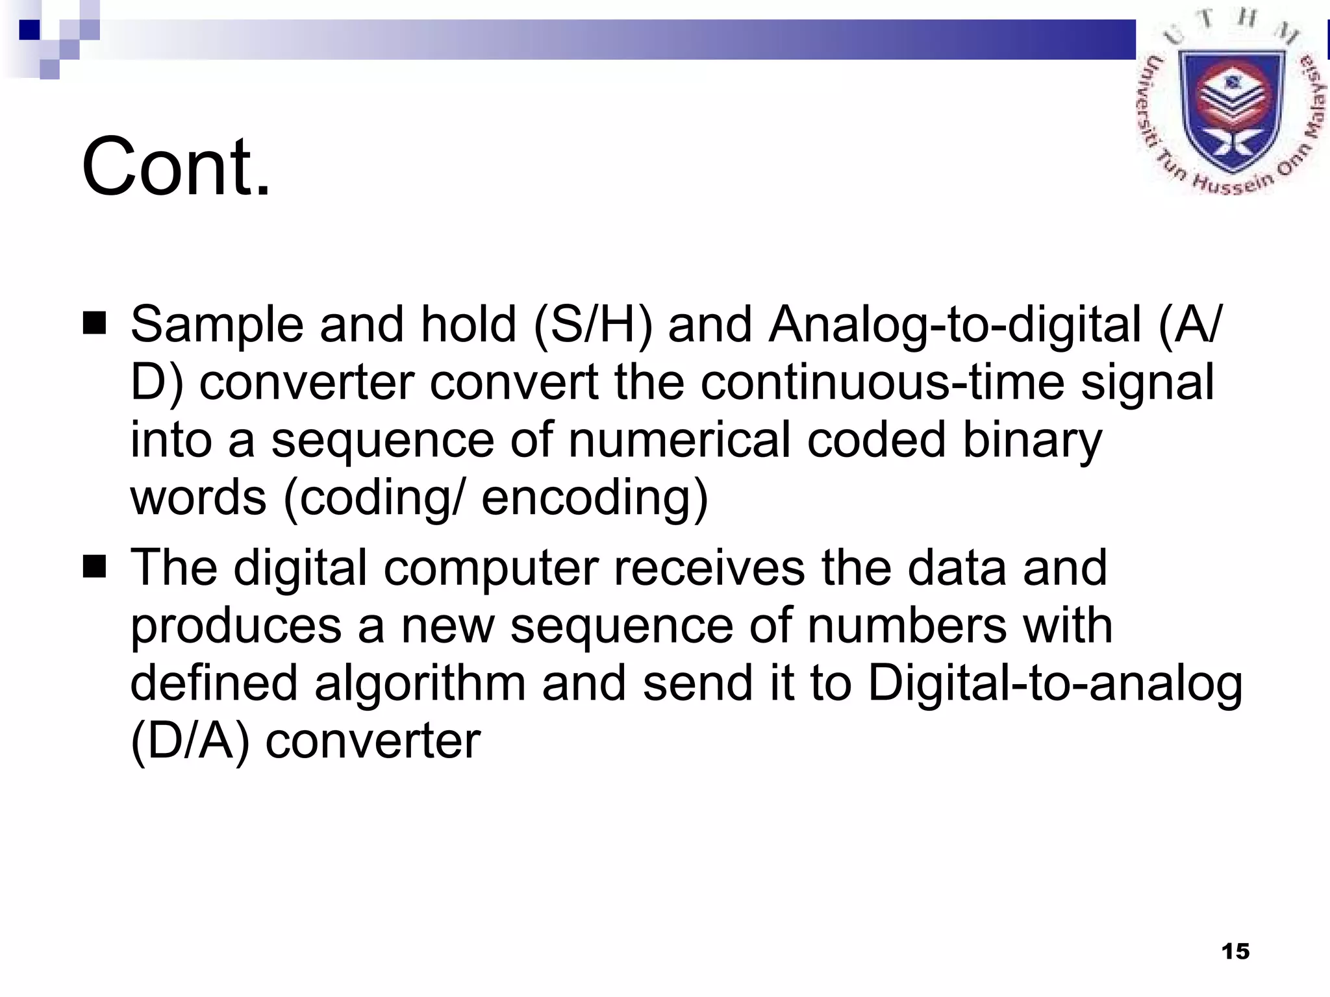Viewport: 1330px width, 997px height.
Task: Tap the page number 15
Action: (1235, 952)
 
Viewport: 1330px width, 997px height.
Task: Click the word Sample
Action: (217, 325)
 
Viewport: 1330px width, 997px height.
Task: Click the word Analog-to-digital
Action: (955, 325)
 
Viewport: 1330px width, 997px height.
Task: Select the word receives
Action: (709, 567)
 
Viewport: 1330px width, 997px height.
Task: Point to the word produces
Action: (236, 626)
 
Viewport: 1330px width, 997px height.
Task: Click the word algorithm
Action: (420, 684)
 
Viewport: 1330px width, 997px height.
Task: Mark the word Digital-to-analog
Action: (1055, 684)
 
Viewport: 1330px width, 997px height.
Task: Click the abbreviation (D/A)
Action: (190, 741)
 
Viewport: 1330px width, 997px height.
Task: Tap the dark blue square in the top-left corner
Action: (29, 30)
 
